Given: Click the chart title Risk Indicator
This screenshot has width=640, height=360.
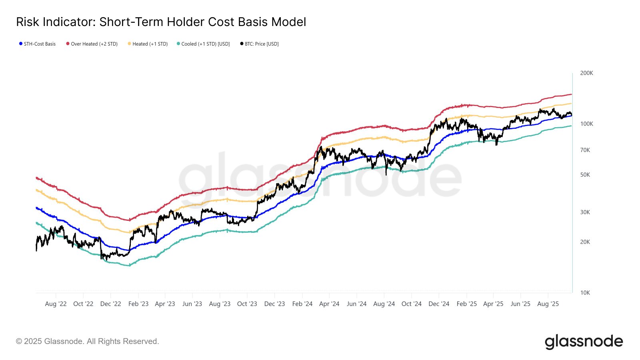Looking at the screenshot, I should click(161, 22).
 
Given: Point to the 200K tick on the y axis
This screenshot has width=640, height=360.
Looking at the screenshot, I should click(586, 73).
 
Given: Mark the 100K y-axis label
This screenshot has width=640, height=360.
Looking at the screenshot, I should click(586, 124).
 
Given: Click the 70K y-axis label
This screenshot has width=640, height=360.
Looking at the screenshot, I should click(585, 150).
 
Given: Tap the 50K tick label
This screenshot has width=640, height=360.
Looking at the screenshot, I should click(585, 175).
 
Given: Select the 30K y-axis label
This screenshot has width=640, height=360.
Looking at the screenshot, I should click(585, 212).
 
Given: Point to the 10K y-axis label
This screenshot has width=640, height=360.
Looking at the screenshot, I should click(585, 293).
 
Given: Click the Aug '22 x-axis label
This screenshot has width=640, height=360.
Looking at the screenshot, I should click(56, 304).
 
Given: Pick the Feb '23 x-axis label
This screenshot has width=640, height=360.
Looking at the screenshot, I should click(138, 304).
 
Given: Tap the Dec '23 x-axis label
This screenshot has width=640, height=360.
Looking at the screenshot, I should click(274, 304).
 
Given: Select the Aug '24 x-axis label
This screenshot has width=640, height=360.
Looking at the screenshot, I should click(384, 304).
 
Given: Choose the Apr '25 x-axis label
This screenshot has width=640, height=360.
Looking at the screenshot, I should click(493, 304).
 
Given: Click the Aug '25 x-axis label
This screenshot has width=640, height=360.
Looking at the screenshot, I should click(548, 304).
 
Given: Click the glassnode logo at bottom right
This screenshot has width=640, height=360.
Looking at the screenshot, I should click(584, 342).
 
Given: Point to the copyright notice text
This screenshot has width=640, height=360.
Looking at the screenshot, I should click(88, 342).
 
